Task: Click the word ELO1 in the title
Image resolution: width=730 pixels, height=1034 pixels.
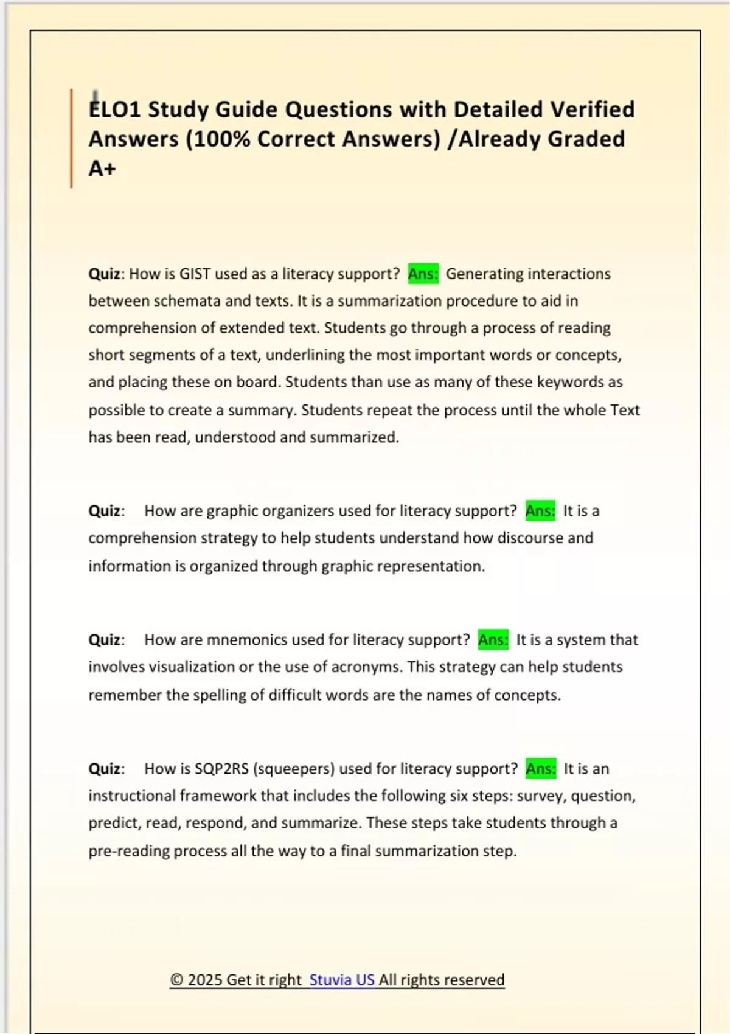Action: coord(115,109)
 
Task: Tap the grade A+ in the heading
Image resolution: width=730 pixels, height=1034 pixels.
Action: coord(102,168)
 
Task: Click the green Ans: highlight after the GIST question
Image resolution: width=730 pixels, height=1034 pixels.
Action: coord(423,274)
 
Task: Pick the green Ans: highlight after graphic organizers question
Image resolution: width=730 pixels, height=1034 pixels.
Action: coord(540,511)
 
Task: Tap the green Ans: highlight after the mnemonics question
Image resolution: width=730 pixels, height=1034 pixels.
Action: coord(493,640)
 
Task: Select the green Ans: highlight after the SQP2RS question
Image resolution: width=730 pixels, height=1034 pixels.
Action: coord(541,769)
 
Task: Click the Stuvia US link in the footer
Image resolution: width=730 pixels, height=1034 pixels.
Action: coord(342,980)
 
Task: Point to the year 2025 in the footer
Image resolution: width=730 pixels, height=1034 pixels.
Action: coord(204,980)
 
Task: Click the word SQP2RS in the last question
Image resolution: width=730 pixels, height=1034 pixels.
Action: coord(221,769)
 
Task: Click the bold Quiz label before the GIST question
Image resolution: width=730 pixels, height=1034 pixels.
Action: coord(105,274)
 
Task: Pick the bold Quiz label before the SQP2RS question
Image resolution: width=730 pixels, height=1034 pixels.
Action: coord(105,769)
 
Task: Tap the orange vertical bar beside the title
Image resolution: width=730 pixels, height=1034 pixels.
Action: coord(71,138)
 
